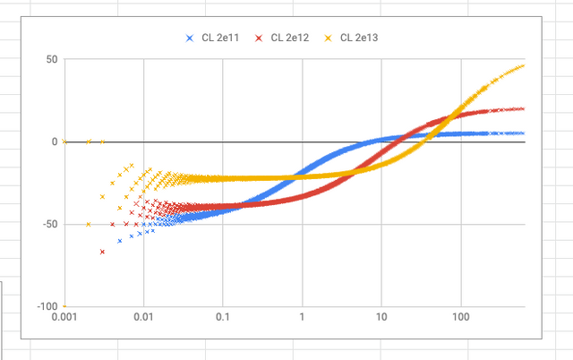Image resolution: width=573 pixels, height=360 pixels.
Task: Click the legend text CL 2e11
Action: [219, 38]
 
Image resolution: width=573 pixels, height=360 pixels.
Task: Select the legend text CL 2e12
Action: [288, 38]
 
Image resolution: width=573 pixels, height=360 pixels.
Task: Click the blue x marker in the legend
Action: [189, 38]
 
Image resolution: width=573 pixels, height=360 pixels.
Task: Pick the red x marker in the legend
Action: [258, 38]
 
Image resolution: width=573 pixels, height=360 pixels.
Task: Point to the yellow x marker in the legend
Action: [328, 38]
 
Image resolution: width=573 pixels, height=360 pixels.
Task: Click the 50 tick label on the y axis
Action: [51, 59]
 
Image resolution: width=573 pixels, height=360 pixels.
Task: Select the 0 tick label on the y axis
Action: [54, 141]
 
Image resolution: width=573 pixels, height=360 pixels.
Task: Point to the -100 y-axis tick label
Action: [47, 306]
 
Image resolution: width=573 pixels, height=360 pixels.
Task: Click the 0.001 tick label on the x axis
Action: [64, 318]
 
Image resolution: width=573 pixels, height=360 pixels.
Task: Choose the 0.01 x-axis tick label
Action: [143, 318]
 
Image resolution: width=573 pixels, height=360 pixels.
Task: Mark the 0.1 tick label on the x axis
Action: [223, 318]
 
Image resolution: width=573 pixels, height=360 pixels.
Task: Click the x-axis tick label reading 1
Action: [303, 318]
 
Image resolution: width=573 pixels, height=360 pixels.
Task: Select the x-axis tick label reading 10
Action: [381, 318]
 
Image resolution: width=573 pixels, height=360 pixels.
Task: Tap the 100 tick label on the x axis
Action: [461, 318]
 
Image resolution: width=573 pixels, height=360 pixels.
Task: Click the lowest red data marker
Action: [102, 252]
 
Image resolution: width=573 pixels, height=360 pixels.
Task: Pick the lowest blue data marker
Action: [119, 241]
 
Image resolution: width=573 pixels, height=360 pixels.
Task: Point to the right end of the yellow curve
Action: [523, 65]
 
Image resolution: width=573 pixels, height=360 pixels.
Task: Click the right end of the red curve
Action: [523, 108]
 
